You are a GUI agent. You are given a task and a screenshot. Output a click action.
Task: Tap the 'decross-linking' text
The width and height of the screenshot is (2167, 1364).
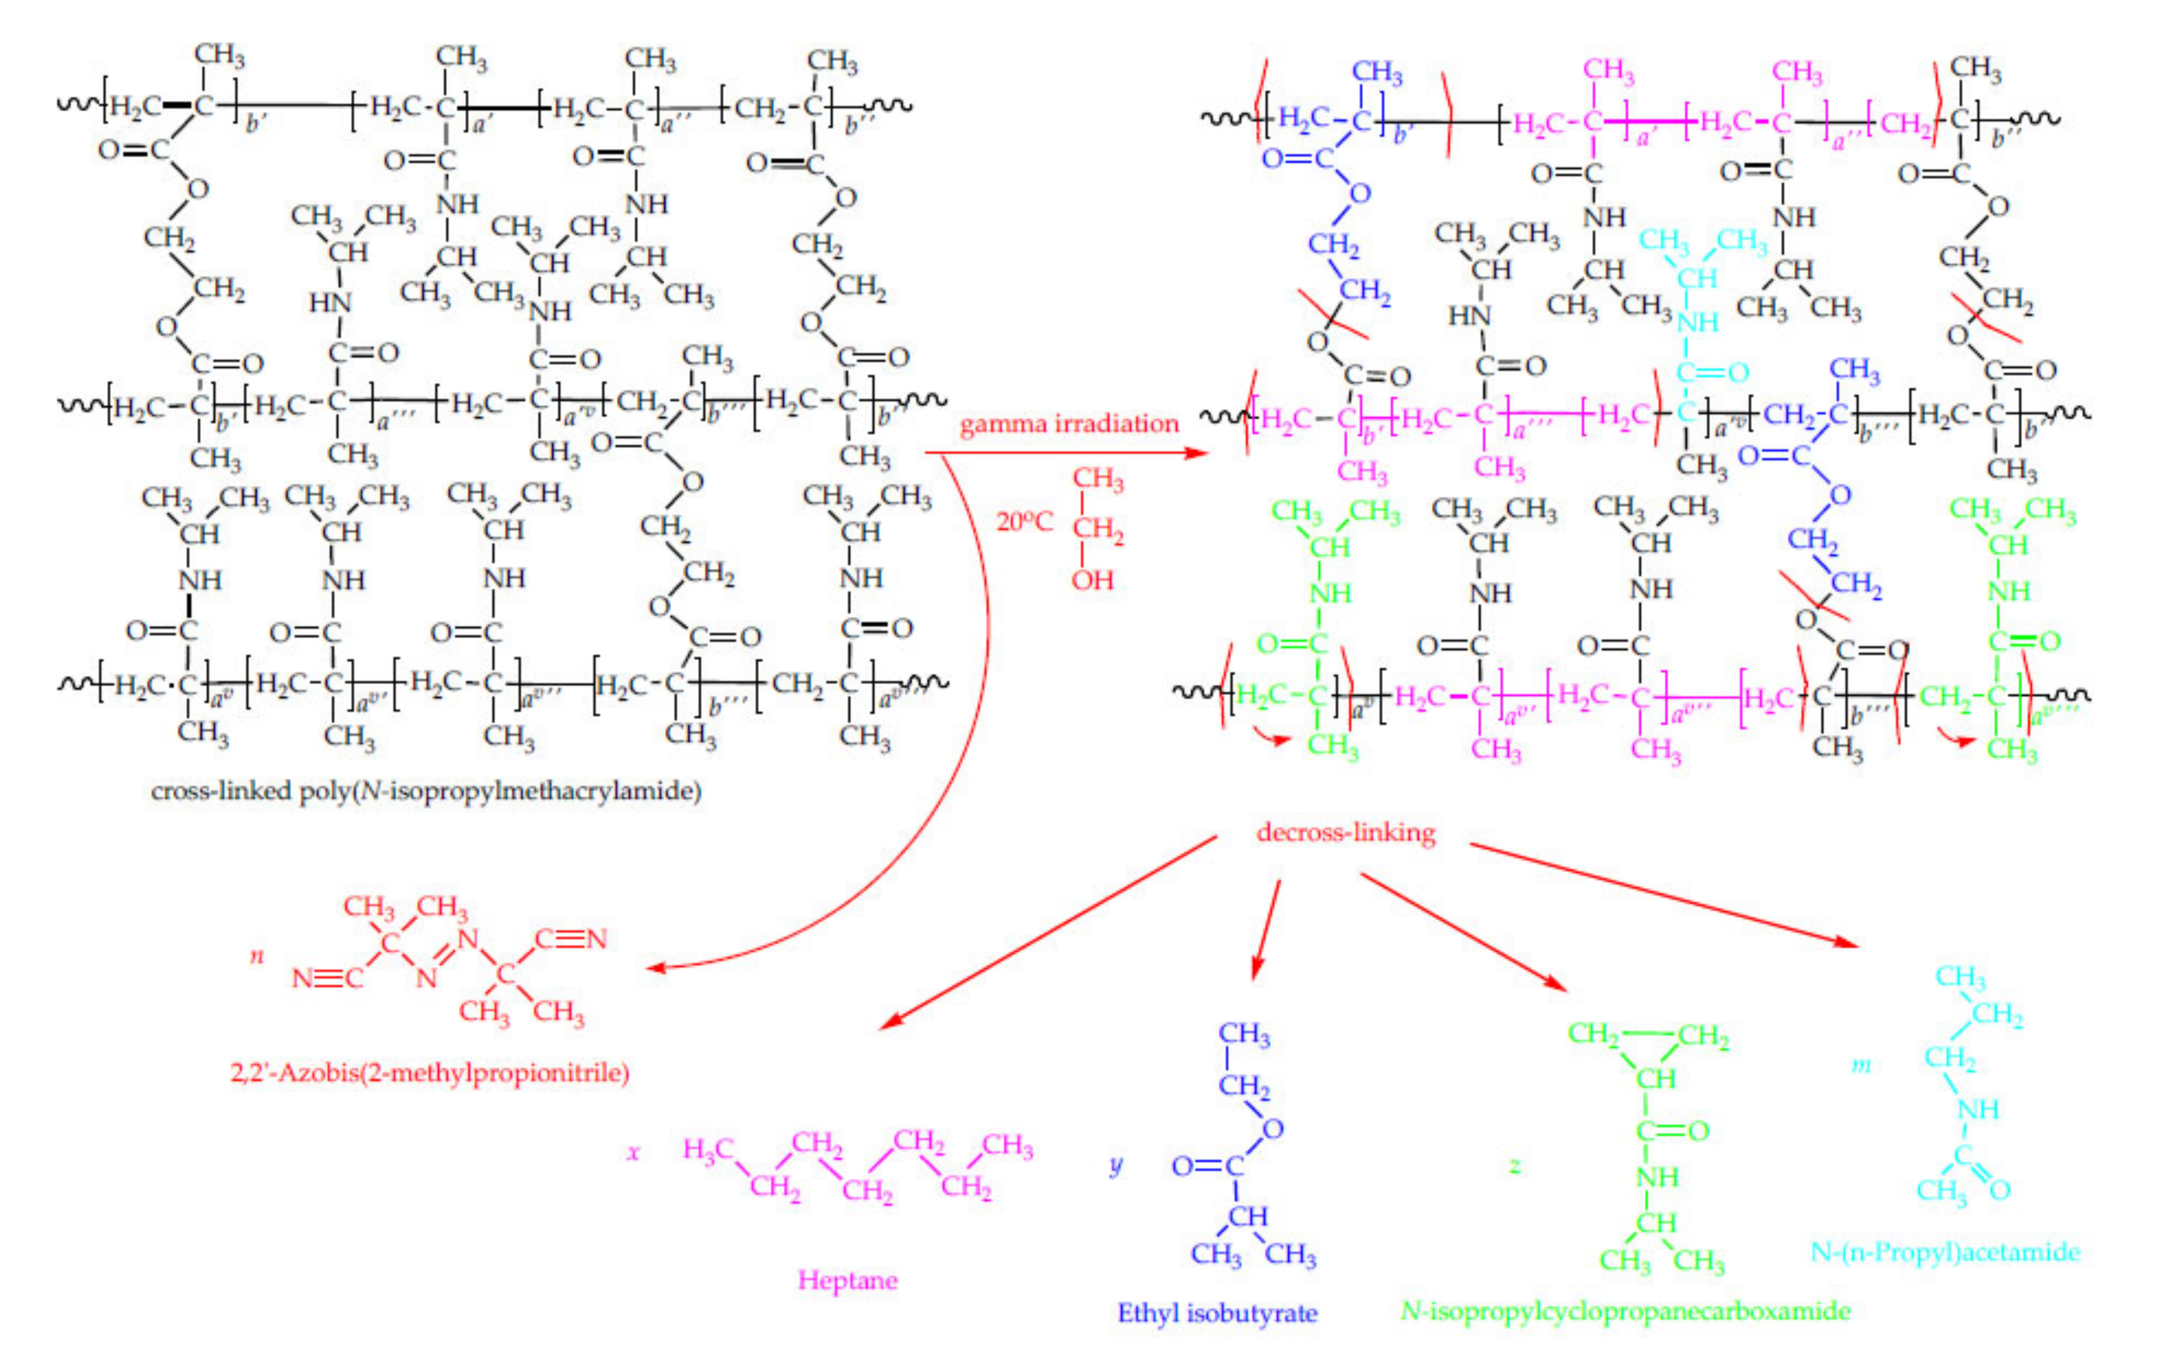tap(1345, 832)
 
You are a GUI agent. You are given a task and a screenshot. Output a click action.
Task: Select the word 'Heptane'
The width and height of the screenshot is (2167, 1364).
tap(847, 1279)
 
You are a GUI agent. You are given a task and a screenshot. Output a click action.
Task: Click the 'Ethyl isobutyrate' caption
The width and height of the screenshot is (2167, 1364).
tap(1217, 1313)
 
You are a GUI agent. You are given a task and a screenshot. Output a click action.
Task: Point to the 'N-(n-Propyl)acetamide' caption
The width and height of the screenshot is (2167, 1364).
tap(1945, 1251)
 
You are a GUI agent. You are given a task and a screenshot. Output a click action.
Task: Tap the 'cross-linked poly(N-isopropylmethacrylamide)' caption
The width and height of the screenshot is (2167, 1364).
tap(425, 791)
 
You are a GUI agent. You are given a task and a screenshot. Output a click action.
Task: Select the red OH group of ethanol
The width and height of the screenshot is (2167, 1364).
tap(1092, 579)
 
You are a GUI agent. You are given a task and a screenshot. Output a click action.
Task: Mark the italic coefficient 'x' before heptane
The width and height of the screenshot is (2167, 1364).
tap(632, 1152)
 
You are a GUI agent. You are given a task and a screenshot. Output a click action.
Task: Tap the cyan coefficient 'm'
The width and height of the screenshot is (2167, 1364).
tap(1860, 1065)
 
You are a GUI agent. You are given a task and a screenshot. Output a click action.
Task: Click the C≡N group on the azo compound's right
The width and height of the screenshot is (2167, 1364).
tap(571, 939)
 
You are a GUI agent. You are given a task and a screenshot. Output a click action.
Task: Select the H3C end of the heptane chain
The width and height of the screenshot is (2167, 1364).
tap(708, 1149)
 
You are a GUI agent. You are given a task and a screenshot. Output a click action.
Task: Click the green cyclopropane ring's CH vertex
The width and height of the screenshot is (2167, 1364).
tap(1655, 1078)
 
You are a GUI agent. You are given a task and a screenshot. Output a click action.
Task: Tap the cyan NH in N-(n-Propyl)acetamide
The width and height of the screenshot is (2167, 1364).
tap(1978, 1109)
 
